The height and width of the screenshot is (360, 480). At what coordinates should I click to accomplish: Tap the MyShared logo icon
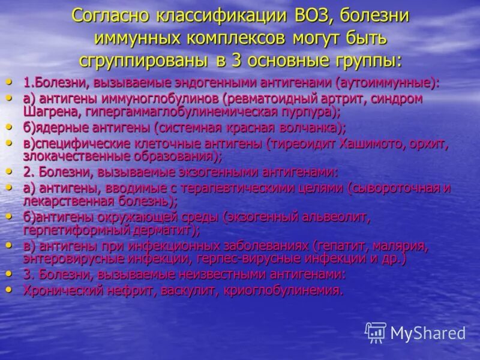(x=376, y=332)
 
